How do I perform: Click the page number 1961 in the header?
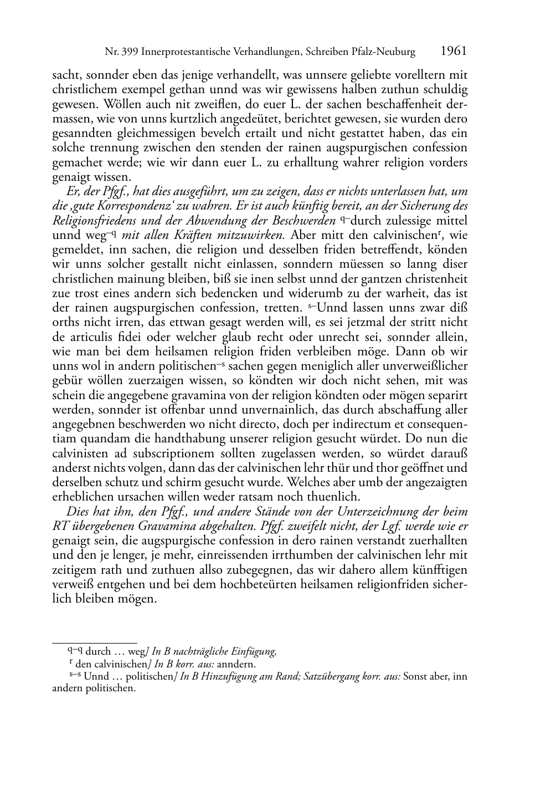[x=454, y=52]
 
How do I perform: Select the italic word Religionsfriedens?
[x=93, y=220]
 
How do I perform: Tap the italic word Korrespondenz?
[x=109, y=206]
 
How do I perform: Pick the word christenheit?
[x=434, y=278]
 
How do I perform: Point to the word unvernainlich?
[x=263, y=410]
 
